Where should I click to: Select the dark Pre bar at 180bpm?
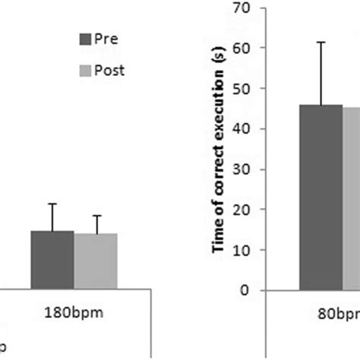pyautogui.click(x=52, y=260)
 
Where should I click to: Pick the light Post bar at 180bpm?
pyautogui.click(x=96, y=261)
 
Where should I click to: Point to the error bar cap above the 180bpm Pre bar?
pyautogui.click(x=52, y=204)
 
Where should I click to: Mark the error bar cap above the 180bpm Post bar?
pyautogui.click(x=96, y=215)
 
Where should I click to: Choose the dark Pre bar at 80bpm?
pyautogui.click(x=321, y=197)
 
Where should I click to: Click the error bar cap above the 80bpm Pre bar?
pyautogui.click(x=321, y=43)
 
